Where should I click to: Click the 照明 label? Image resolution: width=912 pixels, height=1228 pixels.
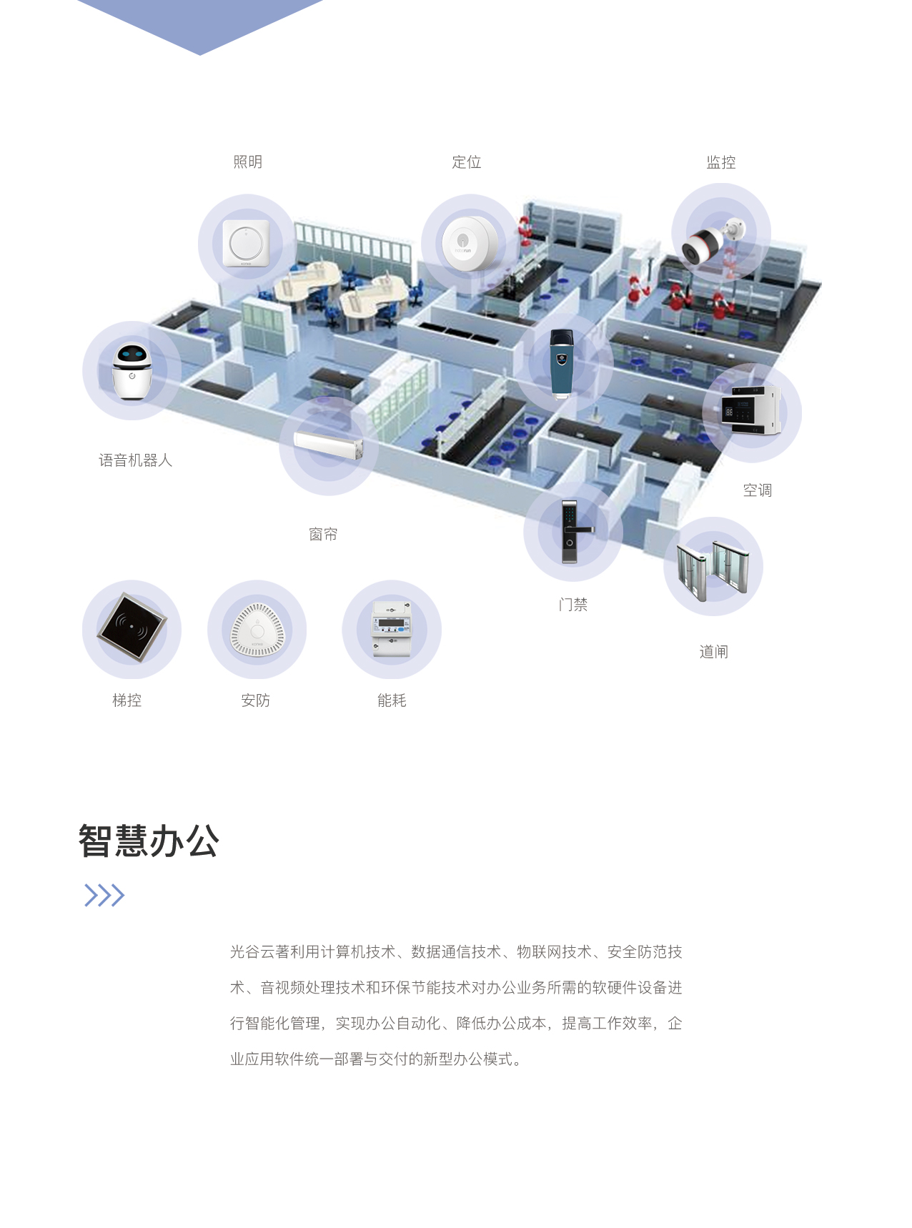pos(247,162)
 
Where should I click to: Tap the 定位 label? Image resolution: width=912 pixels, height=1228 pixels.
pos(466,162)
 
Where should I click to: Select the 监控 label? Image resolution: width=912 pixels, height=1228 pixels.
pos(720,162)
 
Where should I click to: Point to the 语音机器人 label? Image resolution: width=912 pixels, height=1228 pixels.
pos(135,460)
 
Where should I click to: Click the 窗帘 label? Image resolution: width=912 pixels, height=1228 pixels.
pos(323,534)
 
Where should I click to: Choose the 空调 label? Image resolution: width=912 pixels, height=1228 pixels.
pos(757,490)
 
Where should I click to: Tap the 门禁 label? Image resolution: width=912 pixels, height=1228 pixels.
pos(573,605)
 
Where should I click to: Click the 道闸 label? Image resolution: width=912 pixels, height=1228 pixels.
pos(713,651)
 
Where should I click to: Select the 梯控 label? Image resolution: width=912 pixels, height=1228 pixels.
pos(127,700)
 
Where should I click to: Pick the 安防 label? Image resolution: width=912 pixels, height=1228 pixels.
pos(255,700)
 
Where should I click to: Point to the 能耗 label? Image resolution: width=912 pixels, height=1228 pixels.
pos(392,700)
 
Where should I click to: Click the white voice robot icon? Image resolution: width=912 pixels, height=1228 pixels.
pos(132,372)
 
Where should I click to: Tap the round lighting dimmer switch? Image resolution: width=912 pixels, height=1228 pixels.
pos(246,243)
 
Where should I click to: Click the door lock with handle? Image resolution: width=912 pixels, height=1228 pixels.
pos(572,532)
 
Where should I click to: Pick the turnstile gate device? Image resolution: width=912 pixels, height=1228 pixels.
pos(713,570)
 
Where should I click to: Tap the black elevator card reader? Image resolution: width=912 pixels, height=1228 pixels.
pos(132,628)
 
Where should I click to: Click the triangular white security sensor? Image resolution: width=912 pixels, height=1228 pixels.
pos(257,630)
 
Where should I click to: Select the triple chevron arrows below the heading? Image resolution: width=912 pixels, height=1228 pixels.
pos(104,895)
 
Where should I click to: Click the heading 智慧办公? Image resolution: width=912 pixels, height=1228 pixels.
pos(149,841)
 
